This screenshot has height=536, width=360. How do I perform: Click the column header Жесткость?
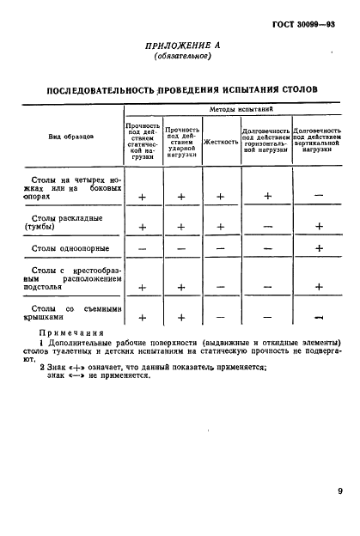click(221, 141)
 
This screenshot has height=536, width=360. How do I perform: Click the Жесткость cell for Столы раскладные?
click(221, 227)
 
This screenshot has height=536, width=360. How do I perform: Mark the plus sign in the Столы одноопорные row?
click(318, 249)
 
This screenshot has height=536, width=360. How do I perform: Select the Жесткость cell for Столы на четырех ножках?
click(221, 197)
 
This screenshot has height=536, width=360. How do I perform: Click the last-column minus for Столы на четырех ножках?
click(318, 197)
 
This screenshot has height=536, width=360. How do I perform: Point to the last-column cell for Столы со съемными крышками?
click(318, 318)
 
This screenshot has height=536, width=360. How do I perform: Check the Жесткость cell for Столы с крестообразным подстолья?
click(221, 287)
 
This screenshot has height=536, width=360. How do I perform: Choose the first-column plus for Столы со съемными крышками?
click(143, 318)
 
